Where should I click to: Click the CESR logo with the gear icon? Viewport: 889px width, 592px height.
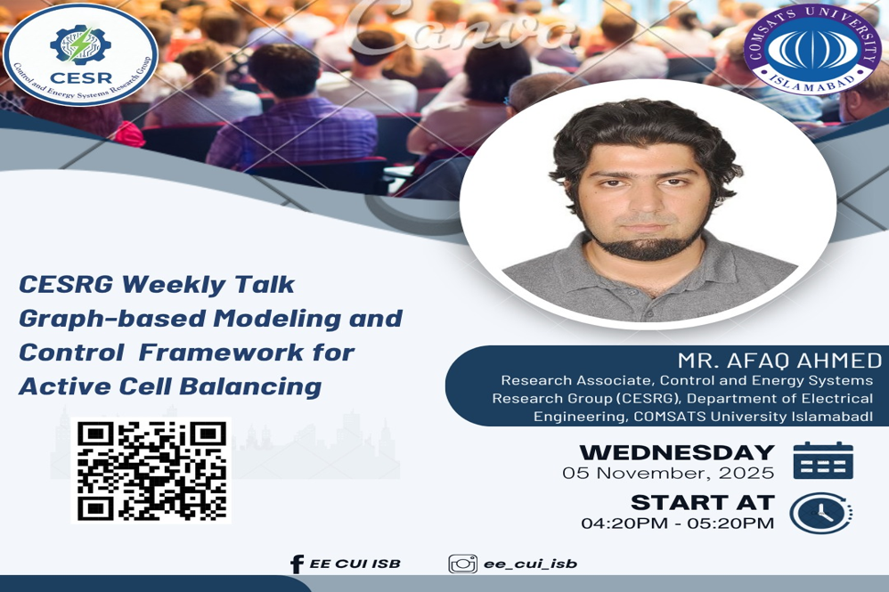tap(80, 54)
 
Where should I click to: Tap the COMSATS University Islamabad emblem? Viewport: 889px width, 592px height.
tap(812, 49)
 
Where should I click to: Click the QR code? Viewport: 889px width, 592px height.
tap(151, 471)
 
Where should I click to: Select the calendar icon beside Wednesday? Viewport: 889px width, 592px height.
tap(822, 460)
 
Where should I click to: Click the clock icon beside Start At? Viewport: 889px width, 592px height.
tap(820, 513)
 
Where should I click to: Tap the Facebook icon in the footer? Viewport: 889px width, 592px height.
tap(297, 564)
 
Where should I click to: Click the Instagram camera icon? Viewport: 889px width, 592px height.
tap(462, 564)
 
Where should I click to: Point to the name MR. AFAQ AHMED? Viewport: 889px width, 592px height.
tap(779, 361)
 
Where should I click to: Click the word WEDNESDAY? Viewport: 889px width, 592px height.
tap(677, 452)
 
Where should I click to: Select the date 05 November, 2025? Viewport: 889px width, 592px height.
tap(668, 474)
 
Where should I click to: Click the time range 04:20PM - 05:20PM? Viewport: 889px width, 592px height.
tap(677, 523)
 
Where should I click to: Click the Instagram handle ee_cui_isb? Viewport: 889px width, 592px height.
tap(530, 564)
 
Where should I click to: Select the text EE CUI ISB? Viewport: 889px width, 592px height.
tap(355, 564)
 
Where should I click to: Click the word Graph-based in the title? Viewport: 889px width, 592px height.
tap(94, 319)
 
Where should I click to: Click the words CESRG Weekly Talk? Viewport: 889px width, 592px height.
tap(157, 285)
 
